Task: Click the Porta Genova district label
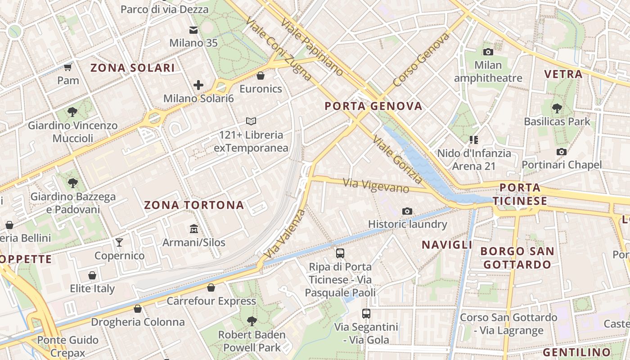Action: [x=373, y=106]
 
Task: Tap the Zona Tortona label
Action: [x=194, y=205]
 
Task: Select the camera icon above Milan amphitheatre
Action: [x=488, y=52]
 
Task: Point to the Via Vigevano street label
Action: [x=376, y=185]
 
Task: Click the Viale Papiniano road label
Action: [x=311, y=47]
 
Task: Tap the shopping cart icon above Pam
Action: [x=68, y=67]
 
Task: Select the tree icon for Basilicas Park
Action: [x=557, y=108]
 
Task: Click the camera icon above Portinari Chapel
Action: [x=561, y=152]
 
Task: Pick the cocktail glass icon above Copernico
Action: [x=119, y=243]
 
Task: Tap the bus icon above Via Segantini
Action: [x=366, y=314]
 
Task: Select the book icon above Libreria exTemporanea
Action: [x=251, y=121]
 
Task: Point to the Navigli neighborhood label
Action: [x=447, y=245]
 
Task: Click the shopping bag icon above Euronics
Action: [x=261, y=75]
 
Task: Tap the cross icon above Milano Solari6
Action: [x=198, y=85]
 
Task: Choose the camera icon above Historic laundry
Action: [x=407, y=211]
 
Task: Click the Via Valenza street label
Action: [x=284, y=234]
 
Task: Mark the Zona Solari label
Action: [x=133, y=68]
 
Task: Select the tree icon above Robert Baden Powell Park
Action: [x=252, y=321]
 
